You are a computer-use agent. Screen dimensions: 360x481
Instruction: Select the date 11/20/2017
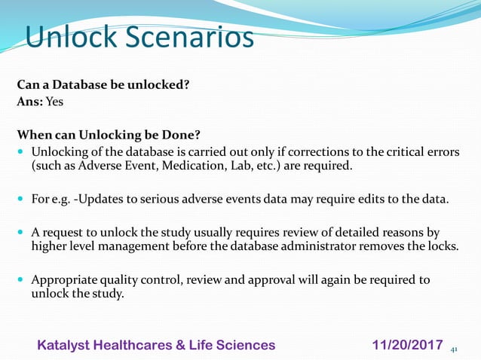pyautogui.click(x=407, y=345)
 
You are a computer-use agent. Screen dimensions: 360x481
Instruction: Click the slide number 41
pyautogui.click(x=454, y=349)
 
